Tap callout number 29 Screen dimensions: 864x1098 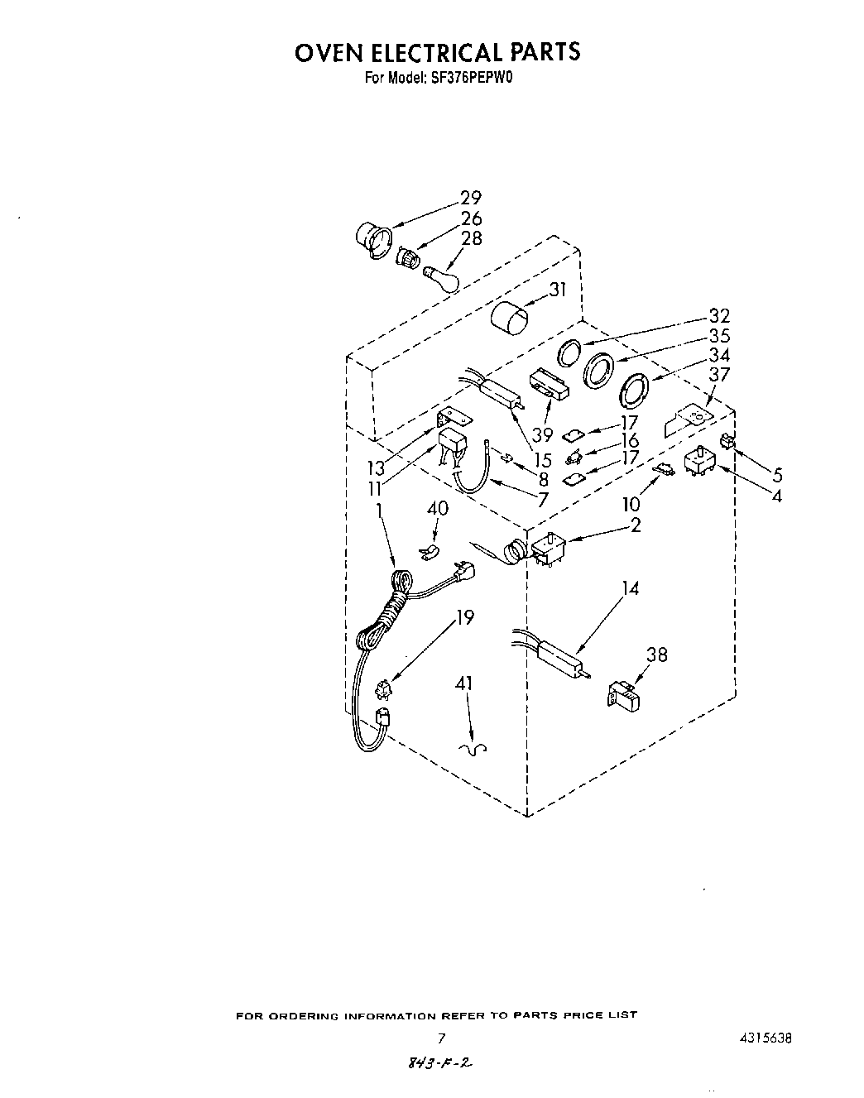coord(470,198)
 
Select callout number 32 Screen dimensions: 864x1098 coord(719,316)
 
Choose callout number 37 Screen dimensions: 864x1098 coord(719,374)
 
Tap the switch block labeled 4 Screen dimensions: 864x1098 coord(699,462)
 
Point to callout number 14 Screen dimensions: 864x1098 coord(631,588)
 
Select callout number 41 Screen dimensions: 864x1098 coord(464,683)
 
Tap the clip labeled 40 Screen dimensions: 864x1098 coord(429,551)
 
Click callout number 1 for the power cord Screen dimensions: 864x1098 coord(379,511)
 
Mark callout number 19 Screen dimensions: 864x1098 coord(465,616)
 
